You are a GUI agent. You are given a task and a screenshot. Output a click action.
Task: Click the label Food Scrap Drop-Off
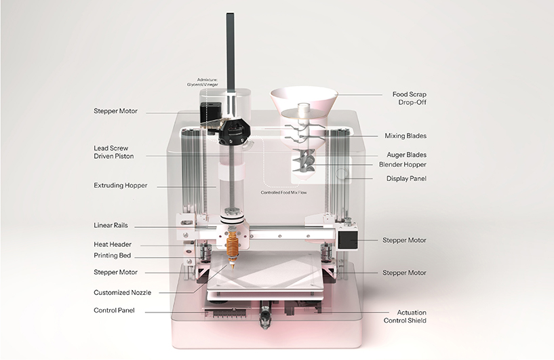(x=409, y=98)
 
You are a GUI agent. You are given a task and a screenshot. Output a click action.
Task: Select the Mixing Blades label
(x=405, y=136)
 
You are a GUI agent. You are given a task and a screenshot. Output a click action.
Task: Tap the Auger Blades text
(x=405, y=155)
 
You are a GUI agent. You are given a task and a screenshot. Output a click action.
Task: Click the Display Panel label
(x=406, y=178)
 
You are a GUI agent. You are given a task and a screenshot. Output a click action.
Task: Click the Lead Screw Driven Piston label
(x=114, y=152)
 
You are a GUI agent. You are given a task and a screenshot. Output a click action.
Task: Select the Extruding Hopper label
(x=120, y=185)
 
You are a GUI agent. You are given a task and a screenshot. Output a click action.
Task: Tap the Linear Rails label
(x=111, y=225)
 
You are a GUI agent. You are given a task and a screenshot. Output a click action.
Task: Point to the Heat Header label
(x=113, y=244)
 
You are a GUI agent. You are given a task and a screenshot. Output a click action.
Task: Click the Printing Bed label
(x=112, y=256)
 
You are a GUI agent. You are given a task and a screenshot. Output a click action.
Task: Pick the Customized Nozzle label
(x=122, y=292)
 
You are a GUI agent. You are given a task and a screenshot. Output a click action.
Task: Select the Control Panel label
(x=114, y=310)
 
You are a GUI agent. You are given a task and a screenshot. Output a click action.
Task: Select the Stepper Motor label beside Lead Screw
(x=115, y=111)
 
